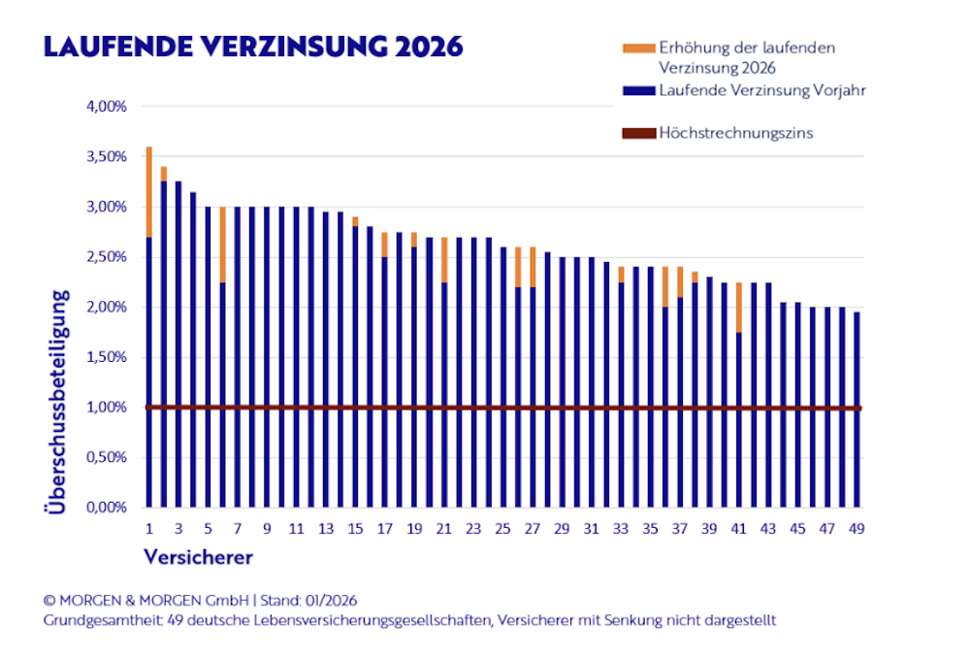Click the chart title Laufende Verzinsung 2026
click(249, 46)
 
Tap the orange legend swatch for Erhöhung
click(639, 48)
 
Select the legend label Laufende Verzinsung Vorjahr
click(761, 90)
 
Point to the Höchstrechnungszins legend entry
click(735, 133)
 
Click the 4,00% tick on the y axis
click(107, 106)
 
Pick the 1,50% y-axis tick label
click(107, 357)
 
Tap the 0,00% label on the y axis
click(107, 508)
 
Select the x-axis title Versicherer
click(198, 557)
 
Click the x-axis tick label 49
click(857, 529)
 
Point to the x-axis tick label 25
click(502, 529)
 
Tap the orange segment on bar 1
click(148, 191)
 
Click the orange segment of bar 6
click(222, 245)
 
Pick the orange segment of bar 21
click(443, 260)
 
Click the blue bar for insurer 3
click(178, 344)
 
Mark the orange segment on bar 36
click(665, 286)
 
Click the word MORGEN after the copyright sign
click(89, 601)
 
